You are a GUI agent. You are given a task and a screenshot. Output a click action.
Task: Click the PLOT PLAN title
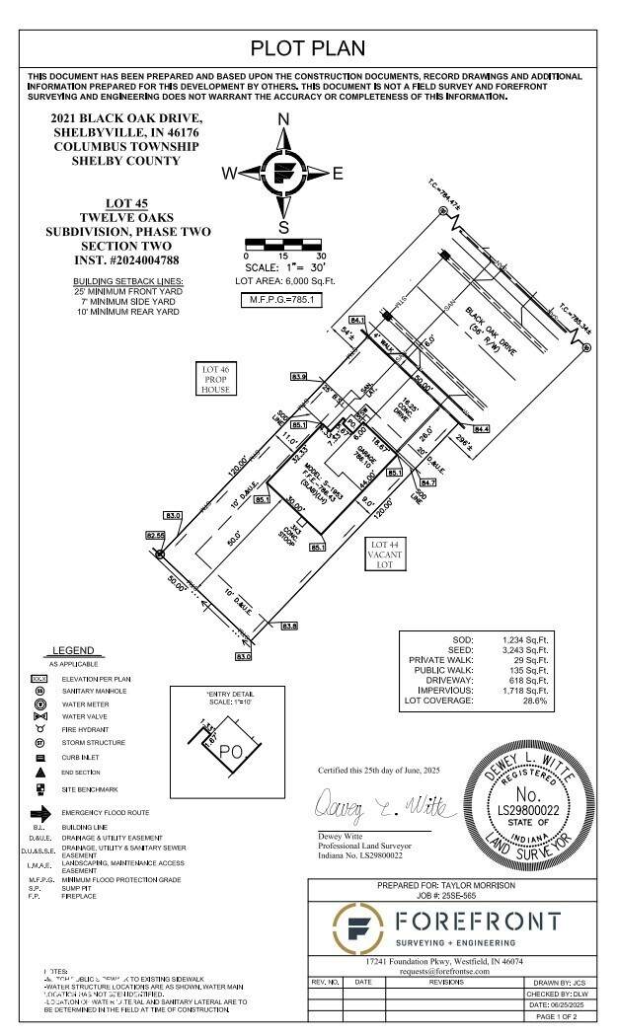pos(308,47)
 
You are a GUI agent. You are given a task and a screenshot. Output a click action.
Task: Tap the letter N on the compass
pos(283,120)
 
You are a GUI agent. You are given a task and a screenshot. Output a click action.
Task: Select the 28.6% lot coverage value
pos(534,701)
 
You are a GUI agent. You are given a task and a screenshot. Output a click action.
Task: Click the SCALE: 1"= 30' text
pos(284,267)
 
